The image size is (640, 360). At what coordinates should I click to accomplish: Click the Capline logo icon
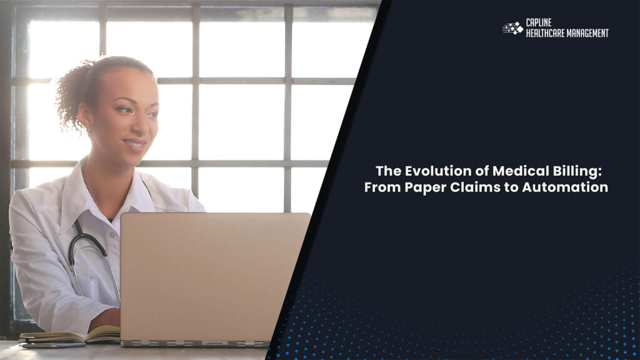tap(512, 28)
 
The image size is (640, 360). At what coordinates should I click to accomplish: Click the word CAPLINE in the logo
tap(538, 23)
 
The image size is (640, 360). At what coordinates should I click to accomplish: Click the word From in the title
tap(380, 187)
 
